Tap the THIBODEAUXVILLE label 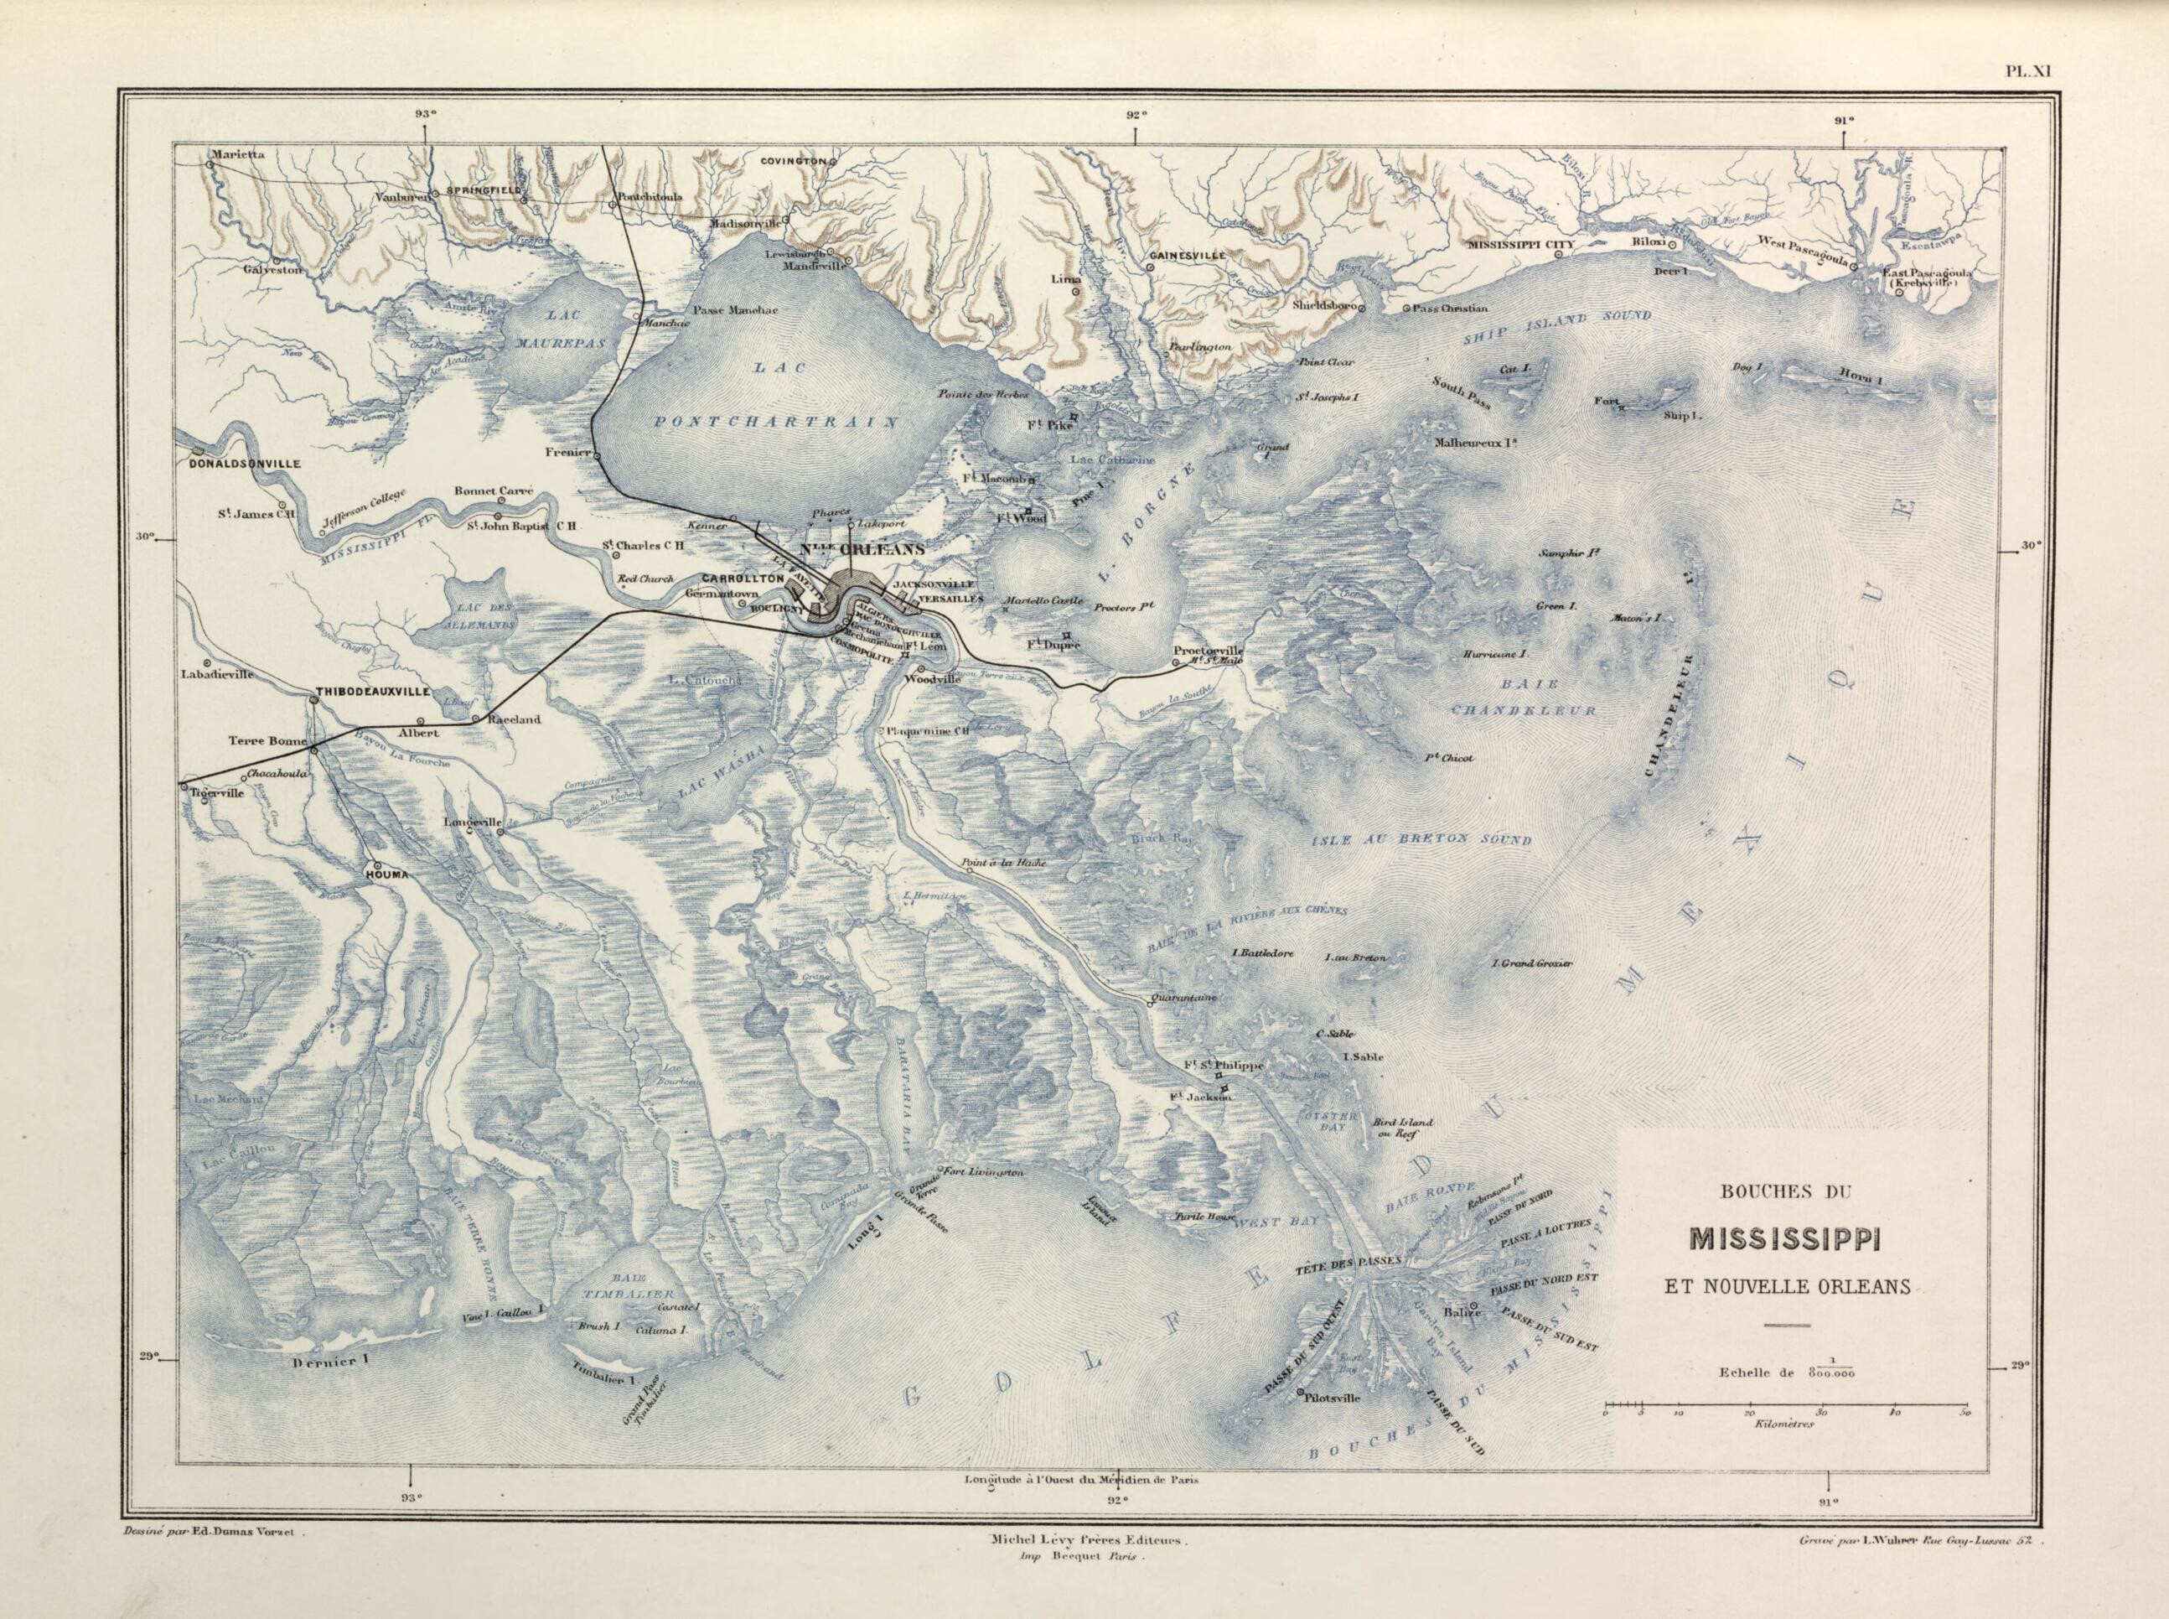click(x=372, y=692)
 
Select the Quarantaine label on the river click(x=1187, y=998)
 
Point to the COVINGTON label click(x=790, y=158)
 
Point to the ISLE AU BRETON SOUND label click(x=1421, y=841)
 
